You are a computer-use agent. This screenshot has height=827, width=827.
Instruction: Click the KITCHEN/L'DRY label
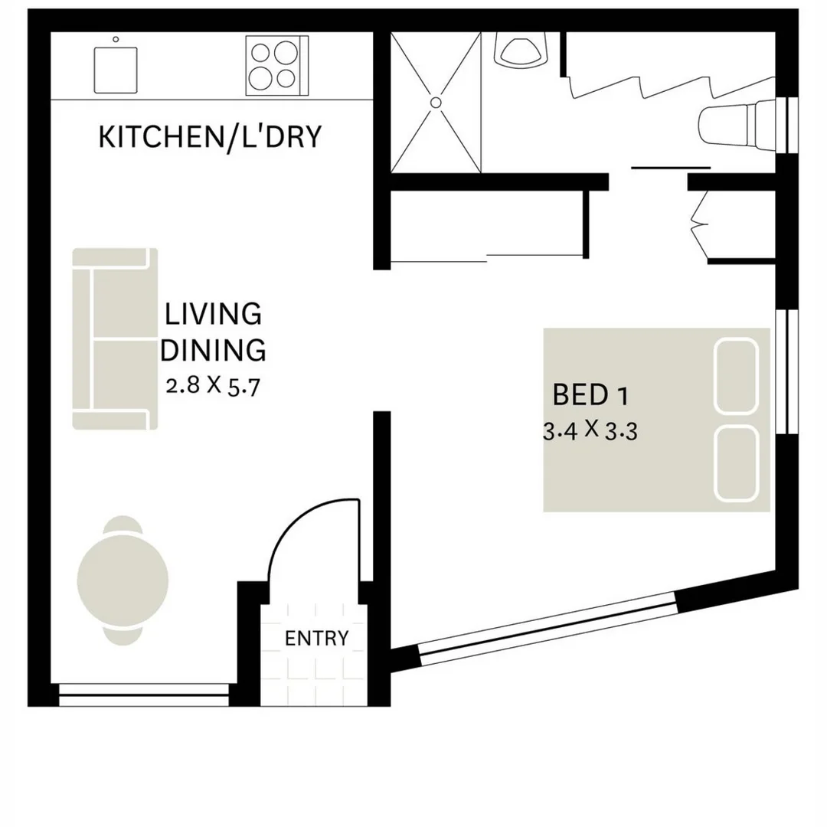pos(208,137)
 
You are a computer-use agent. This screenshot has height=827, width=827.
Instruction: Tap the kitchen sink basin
pos(116,70)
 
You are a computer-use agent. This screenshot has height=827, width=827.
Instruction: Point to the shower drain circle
pos(436,102)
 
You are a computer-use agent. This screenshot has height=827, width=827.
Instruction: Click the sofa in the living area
pos(115,338)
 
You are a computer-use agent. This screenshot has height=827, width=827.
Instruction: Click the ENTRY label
pos(316,638)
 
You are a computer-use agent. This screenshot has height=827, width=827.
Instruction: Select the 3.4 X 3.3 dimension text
pos(590,430)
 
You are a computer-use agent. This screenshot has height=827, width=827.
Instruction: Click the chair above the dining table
pos(123,525)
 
